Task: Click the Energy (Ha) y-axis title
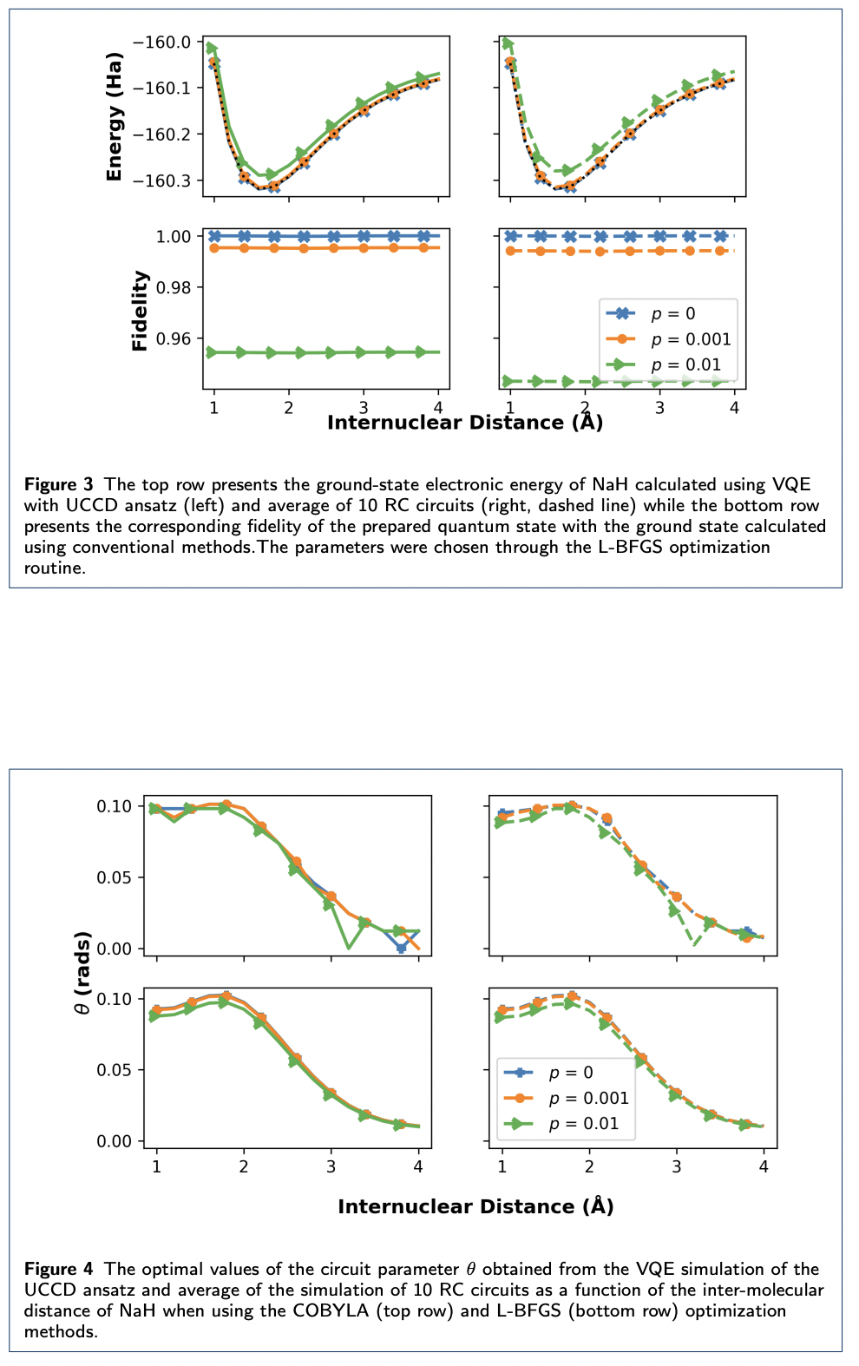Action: (x=114, y=117)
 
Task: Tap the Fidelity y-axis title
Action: (x=140, y=311)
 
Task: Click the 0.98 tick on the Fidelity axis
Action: (x=174, y=287)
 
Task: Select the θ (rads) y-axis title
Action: (x=82, y=973)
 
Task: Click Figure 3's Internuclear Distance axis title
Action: (x=464, y=423)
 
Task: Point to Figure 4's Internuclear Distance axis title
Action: (x=475, y=1206)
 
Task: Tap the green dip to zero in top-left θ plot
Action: (x=348, y=947)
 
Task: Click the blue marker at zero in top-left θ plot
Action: (x=401, y=948)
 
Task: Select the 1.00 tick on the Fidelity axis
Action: (x=174, y=236)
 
